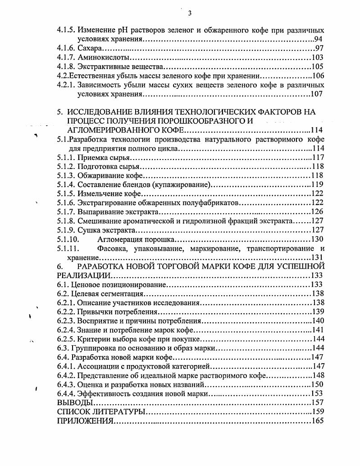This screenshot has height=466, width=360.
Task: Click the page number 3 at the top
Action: click(x=189, y=13)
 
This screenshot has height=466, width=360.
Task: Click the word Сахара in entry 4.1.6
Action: click(x=90, y=49)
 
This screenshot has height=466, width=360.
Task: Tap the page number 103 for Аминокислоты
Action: click(x=318, y=58)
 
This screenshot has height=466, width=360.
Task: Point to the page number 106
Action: click(x=318, y=76)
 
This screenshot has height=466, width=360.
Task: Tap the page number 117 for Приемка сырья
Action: click(x=318, y=158)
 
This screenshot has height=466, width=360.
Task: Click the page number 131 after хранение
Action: click(x=318, y=257)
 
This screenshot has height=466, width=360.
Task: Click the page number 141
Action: click(x=318, y=330)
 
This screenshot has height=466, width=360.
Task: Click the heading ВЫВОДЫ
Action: click(x=75, y=402)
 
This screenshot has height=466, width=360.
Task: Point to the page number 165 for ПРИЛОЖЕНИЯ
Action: click(x=318, y=421)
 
